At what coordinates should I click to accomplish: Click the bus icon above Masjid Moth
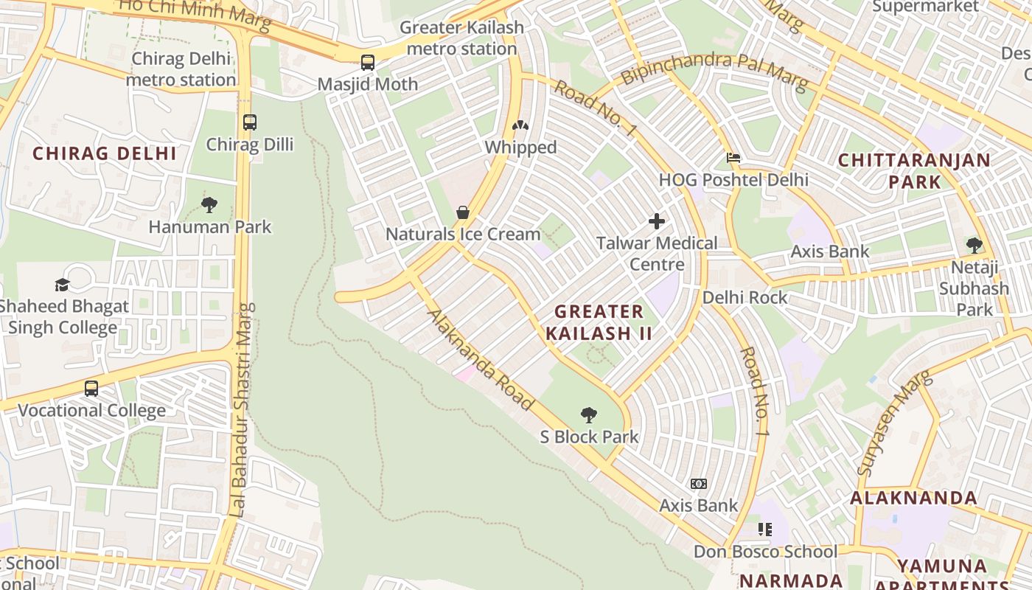367,63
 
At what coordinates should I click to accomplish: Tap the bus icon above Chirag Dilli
250,122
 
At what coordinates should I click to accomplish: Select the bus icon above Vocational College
91,389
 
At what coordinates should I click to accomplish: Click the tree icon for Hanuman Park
209,204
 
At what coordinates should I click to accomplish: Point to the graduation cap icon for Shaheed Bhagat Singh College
62,285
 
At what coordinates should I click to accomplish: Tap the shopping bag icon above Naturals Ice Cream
463,212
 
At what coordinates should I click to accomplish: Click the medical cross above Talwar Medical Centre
656,221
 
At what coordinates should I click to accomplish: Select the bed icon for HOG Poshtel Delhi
733,158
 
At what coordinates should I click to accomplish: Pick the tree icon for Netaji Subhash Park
974,245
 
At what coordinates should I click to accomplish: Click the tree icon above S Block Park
588,415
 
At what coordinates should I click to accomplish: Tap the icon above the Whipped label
520,125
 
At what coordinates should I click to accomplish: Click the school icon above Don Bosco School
765,530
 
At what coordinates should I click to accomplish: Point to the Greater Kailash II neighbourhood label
599,322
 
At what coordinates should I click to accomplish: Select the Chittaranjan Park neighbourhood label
914,170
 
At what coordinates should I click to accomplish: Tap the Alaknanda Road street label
479,360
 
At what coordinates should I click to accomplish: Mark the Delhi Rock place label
745,297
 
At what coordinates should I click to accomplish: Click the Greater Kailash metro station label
461,38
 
